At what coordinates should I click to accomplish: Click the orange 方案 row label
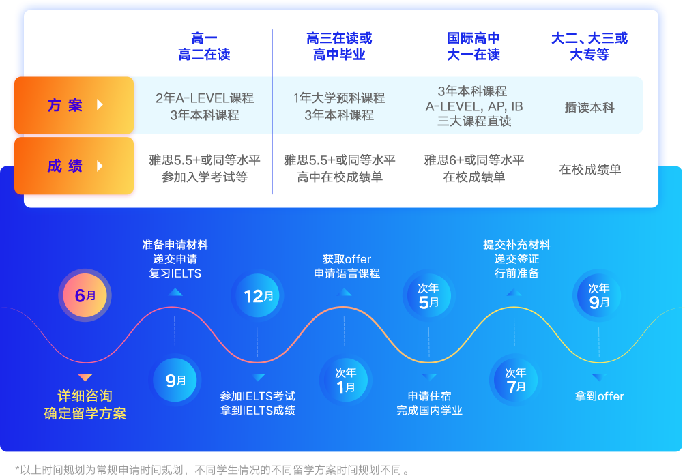[x=74, y=105]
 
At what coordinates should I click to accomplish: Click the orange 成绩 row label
[x=74, y=166]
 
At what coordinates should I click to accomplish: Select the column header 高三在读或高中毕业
[x=339, y=46]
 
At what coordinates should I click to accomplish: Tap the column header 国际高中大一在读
[x=473, y=46]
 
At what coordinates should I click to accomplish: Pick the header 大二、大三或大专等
[x=589, y=46]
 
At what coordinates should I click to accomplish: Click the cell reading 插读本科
[x=589, y=108]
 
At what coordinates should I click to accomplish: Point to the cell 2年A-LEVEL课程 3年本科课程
[x=205, y=106]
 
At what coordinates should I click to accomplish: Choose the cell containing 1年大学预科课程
[x=339, y=106]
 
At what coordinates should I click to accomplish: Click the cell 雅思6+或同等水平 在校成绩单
[x=474, y=168]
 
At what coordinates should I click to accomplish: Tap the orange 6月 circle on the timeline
[x=85, y=296]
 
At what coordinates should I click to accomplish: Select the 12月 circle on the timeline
[x=257, y=296]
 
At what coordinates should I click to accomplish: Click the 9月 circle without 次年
[x=175, y=381]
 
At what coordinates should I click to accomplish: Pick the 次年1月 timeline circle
[x=345, y=380]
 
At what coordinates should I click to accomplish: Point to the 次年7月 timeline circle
[x=516, y=380]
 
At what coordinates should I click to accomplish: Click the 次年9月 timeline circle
[x=598, y=296]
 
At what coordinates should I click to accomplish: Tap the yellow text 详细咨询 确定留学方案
[x=85, y=405]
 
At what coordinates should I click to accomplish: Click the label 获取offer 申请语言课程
[x=347, y=267]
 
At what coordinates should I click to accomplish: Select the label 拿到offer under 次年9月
[x=599, y=396]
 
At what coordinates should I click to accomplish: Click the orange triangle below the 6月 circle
[x=85, y=377]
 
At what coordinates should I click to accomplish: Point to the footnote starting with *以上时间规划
[x=213, y=470]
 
